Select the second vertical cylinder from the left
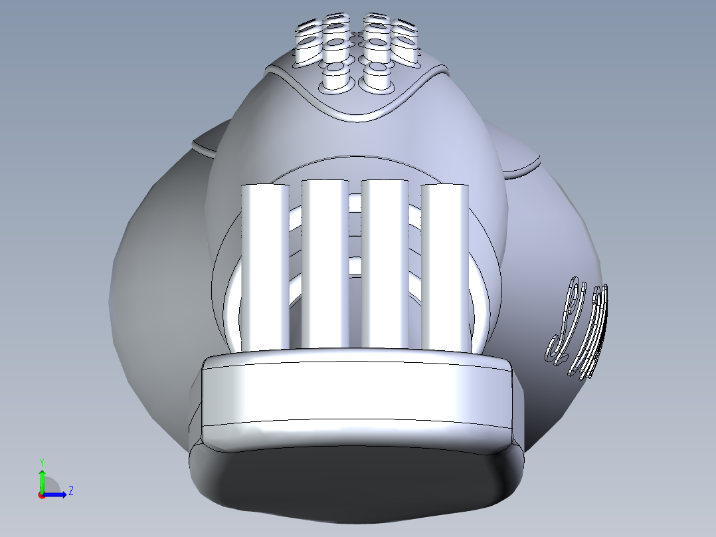coord(325,266)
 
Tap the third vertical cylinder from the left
coord(385,266)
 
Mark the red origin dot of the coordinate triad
coord(41,495)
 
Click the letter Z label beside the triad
coord(70,491)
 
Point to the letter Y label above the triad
coord(41,461)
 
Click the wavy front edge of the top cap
coord(359,117)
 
